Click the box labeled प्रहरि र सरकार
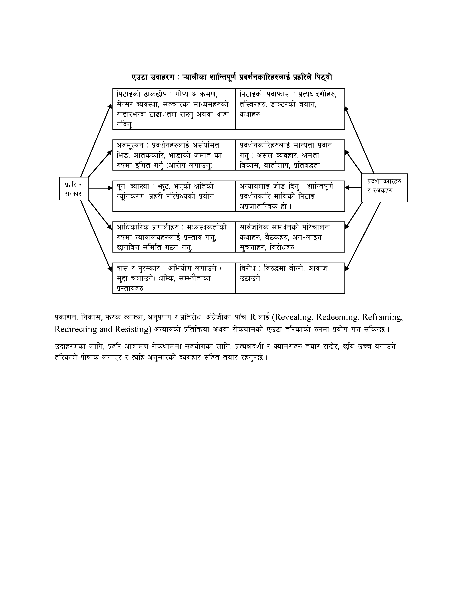point(74,189)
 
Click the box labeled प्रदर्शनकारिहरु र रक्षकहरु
point(384,188)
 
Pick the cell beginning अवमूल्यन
point(174,155)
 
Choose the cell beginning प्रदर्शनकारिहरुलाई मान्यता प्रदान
point(290,155)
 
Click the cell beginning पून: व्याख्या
point(174,196)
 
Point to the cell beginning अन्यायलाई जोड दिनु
point(290,196)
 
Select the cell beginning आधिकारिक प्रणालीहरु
point(174,237)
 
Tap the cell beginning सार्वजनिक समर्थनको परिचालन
point(290,237)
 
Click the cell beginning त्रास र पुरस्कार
point(174,278)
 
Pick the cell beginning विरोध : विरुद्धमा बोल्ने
point(290,278)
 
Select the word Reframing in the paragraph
point(382,317)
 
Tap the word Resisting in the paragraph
point(133,329)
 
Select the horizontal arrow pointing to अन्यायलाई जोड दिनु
point(353,188)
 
